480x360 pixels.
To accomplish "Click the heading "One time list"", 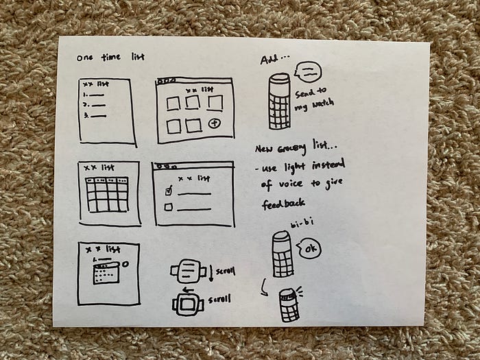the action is tap(107, 57).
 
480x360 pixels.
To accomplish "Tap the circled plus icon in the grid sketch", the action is tap(217, 123).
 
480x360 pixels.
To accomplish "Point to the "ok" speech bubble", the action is tap(309, 248).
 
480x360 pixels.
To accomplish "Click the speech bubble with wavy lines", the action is tap(305, 71).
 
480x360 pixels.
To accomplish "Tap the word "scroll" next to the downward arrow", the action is tap(226, 272).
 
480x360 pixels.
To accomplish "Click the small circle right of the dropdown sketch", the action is tap(126, 264).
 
